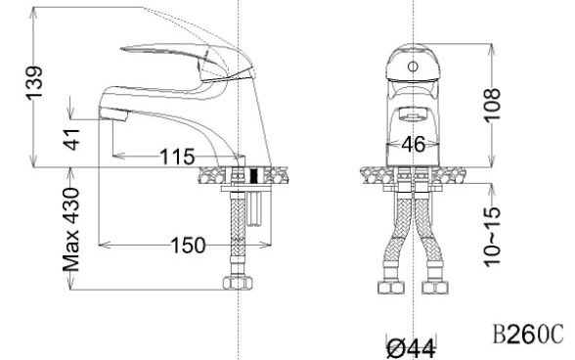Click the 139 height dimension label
(34, 83)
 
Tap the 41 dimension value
(71, 140)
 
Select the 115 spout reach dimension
(177, 157)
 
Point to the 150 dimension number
(189, 246)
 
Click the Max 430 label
(71, 230)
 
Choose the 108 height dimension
(492, 106)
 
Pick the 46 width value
(414, 144)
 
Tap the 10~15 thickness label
(492, 237)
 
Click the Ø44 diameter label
(412, 348)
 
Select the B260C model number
(528, 334)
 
